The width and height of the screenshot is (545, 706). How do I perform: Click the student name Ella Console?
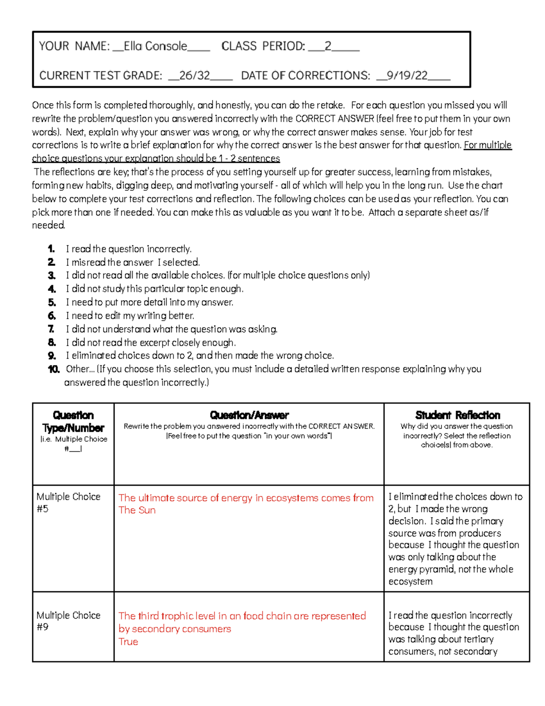tap(155, 46)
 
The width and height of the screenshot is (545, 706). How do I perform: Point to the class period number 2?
tap(328, 46)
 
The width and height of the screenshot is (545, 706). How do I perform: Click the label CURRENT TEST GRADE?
tap(100, 75)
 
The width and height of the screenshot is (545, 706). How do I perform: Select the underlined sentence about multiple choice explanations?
tap(156, 158)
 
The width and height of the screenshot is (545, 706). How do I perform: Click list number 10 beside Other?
tap(54, 369)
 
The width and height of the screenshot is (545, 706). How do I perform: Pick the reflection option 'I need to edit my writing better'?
tap(130, 315)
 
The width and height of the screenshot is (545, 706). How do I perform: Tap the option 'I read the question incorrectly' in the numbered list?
tap(129, 249)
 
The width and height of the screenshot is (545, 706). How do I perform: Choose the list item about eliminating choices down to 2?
tap(200, 356)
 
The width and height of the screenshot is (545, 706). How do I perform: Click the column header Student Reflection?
tap(457, 415)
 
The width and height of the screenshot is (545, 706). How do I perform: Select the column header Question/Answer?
tap(249, 415)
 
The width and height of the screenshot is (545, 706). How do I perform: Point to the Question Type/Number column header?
tap(73, 421)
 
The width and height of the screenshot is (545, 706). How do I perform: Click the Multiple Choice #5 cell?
tap(68, 502)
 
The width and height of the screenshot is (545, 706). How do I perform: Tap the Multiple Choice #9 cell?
tap(68, 621)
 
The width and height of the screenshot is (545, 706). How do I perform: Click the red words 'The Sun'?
tap(137, 510)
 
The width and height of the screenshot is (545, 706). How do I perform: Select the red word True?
tap(128, 641)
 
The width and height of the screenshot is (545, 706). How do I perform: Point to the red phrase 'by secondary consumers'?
tap(174, 629)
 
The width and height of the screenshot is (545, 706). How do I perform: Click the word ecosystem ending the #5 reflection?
tap(410, 581)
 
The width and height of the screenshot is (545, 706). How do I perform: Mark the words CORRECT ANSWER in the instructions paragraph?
tap(334, 119)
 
